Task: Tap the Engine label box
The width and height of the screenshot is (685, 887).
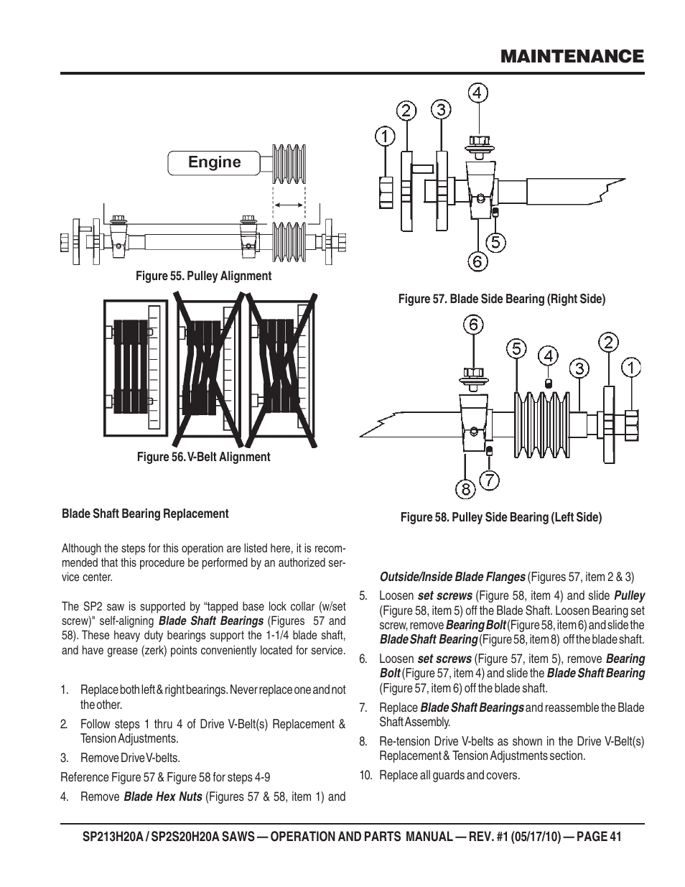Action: click(x=214, y=163)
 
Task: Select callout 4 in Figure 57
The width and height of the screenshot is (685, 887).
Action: click(x=478, y=93)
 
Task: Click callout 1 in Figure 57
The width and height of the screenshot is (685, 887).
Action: click(x=386, y=135)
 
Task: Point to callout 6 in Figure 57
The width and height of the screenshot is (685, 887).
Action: click(x=478, y=261)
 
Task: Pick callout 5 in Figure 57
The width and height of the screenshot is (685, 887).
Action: click(x=497, y=242)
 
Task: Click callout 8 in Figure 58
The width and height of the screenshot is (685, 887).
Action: click(x=466, y=489)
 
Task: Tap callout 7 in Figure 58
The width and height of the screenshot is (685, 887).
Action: click(x=489, y=480)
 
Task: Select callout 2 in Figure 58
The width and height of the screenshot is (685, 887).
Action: click(x=608, y=342)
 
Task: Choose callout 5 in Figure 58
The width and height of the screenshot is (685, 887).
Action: click(x=515, y=348)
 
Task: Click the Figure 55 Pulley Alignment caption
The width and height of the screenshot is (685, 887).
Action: click(x=205, y=277)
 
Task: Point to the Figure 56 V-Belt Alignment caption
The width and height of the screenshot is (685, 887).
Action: click(x=204, y=458)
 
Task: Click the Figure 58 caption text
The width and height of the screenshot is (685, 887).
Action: click(x=500, y=518)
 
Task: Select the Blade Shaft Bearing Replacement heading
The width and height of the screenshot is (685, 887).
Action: click(x=145, y=514)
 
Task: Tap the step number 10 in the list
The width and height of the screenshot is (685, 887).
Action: click(x=365, y=775)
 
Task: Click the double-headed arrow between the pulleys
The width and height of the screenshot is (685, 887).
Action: click(x=289, y=205)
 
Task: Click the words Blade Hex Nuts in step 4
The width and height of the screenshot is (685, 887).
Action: click(x=163, y=797)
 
